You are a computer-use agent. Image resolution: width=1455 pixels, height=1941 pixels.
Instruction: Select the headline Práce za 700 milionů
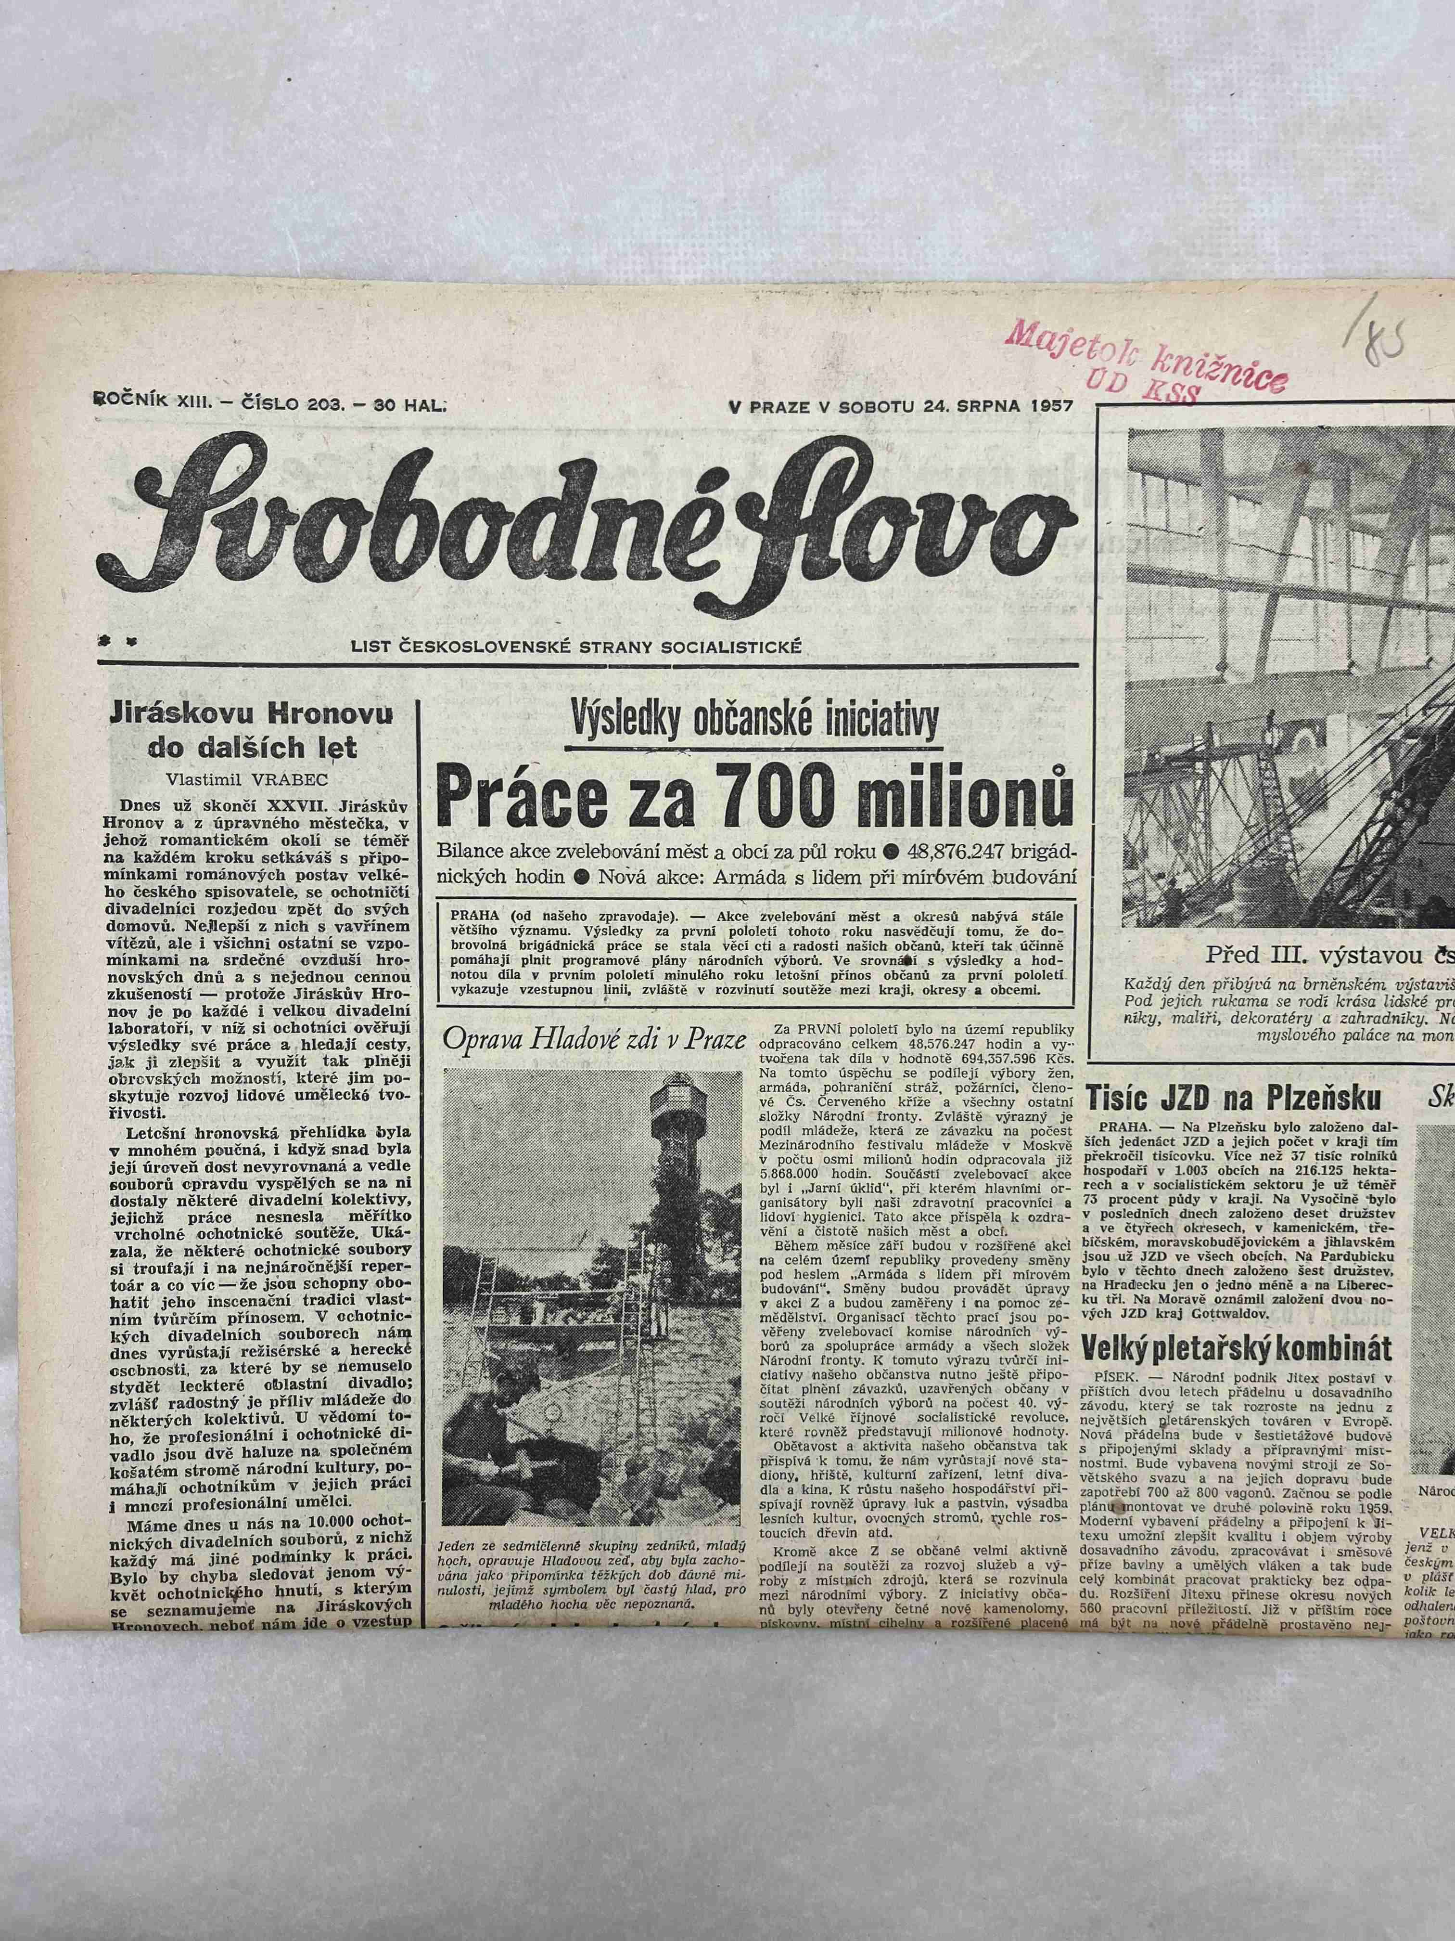[x=754, y=796]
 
